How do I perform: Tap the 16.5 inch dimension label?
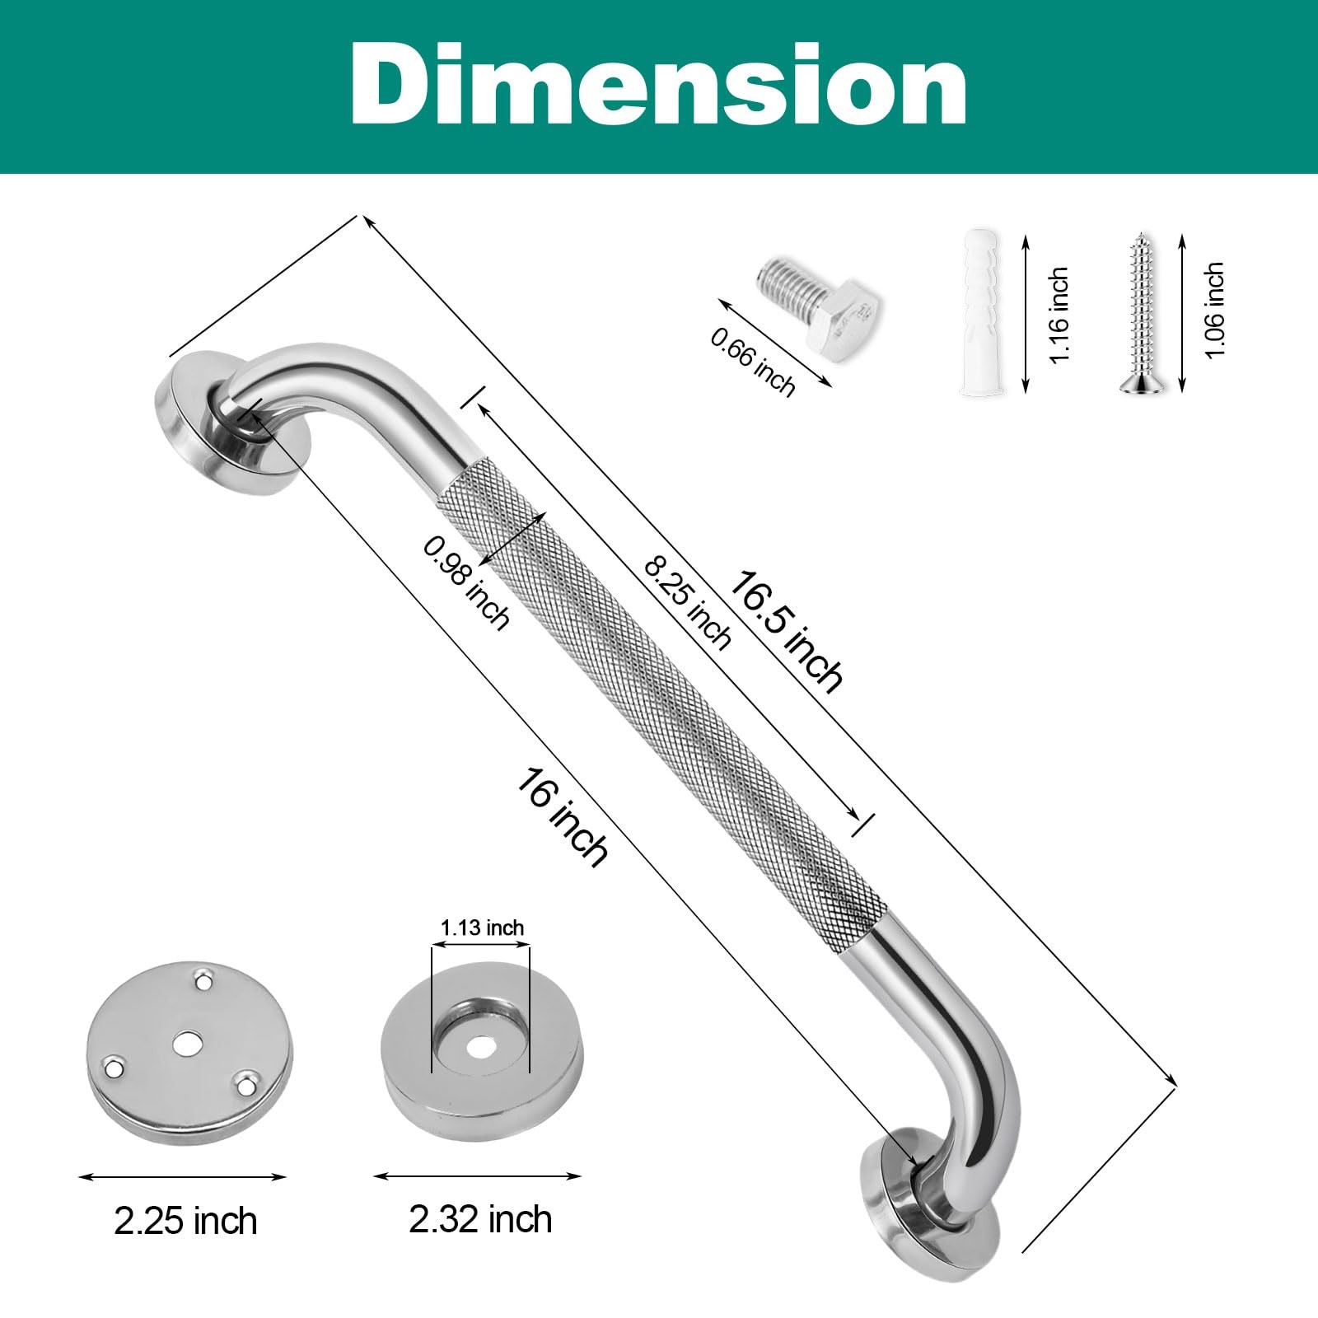pyautogui.click(x=787, y=630)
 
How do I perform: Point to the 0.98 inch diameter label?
pyautogui.click(x=466, y=582)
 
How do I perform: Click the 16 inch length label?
pyautogui.click(x=563, y=816)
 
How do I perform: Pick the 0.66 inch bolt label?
pyautogui.click(x=753, y=358)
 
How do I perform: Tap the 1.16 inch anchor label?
pyautogui.click(x=1059, y=314)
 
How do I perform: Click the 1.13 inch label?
pyautogui.click(x=482, y=928)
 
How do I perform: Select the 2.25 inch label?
pyautogui.click(x=185, y=1221)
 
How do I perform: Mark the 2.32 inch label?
pyautogui.click(x=480, y=1219)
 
